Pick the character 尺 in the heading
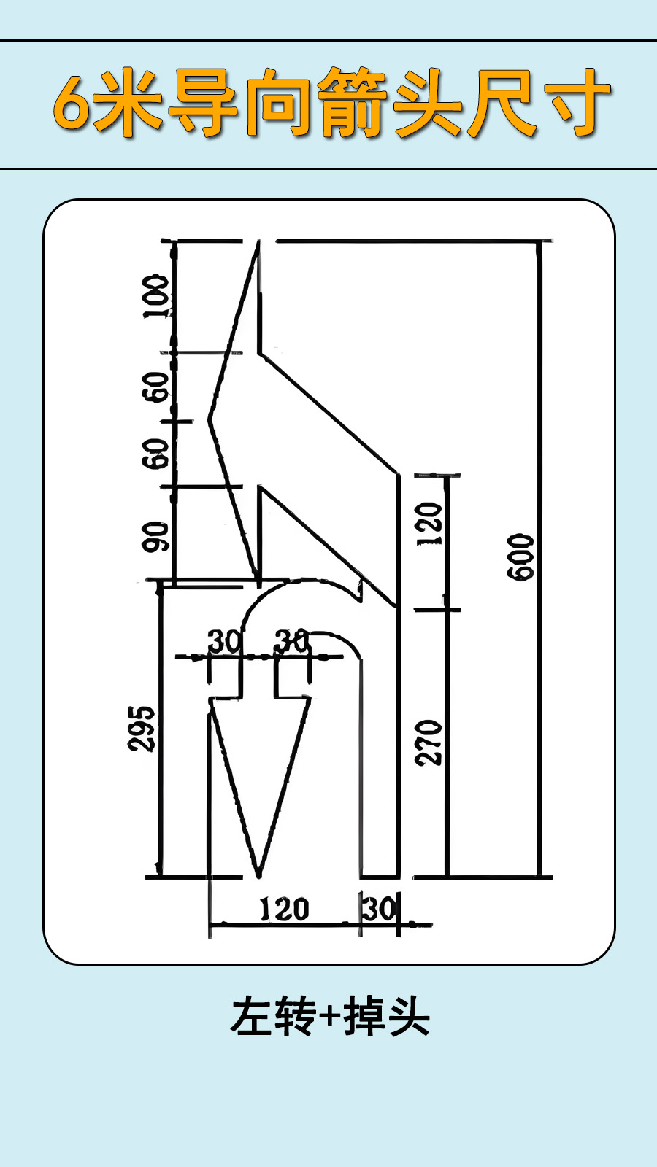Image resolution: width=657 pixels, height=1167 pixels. pyautogui.click(x=502, y=103)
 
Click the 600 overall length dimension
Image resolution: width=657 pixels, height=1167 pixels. pyautogui.click(x=520, y=557)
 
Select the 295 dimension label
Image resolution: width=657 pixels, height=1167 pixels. pyautogui.click(x=142, y=729)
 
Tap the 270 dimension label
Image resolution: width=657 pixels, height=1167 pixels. pyautogui.click(x=429, y=743)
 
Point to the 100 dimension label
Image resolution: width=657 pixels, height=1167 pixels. pyautogui.click(x=156, y=296)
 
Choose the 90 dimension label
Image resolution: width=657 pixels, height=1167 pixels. pyautogui.click(x=156, y=537)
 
